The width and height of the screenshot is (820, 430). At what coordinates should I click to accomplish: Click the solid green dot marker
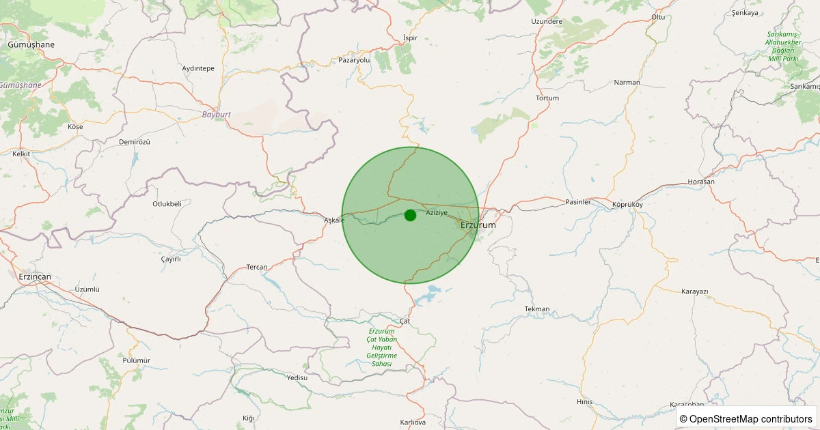[410, 215]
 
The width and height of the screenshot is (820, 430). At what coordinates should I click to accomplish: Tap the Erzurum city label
[478, 225]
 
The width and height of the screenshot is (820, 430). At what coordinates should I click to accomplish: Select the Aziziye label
[437, 213]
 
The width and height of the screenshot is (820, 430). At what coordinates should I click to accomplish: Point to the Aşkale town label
[334, 220]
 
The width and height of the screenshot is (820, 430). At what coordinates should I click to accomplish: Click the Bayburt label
[216, 114]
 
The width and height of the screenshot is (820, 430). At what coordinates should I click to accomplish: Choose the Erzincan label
[34, 276]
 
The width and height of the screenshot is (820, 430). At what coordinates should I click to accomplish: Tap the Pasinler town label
[577, 203]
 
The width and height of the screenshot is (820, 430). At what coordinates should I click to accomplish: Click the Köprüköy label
[628, 204]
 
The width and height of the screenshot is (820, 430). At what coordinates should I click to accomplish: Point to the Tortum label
[547, 98]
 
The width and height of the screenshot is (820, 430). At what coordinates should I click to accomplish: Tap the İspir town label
[410, 38]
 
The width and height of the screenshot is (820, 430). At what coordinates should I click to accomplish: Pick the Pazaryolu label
[354, 60]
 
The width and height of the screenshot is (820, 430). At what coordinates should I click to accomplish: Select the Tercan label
[257, 267]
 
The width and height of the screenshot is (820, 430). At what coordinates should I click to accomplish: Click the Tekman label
[537, 309]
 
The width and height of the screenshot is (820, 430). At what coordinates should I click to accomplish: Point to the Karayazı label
[695, 291]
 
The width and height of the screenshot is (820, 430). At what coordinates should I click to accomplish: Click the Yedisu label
[297, 377]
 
